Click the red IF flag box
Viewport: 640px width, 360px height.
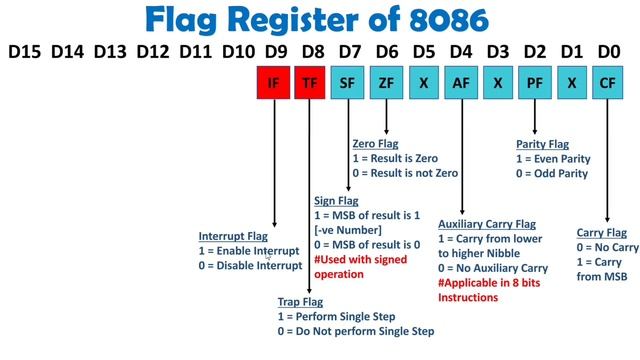[x=273, y=84]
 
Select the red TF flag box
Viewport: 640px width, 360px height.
[x=310, y=84]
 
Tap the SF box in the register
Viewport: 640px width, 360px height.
[x=347, y=84]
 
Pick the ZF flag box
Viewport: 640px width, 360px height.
[x=386, y=84]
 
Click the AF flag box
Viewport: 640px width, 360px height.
[x=461, y=84]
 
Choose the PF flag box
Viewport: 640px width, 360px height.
[x=535, y=84]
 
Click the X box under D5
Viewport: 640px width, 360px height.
[x=424, y=84]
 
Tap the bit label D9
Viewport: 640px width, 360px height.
[x=273, y=49]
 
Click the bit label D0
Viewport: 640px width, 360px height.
[x=608, y=49]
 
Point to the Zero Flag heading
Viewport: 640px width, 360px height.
[x=375, y=144]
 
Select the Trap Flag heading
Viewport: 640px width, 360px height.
[x=301, y=300]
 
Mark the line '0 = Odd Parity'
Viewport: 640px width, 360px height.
[x=552, y=173]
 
